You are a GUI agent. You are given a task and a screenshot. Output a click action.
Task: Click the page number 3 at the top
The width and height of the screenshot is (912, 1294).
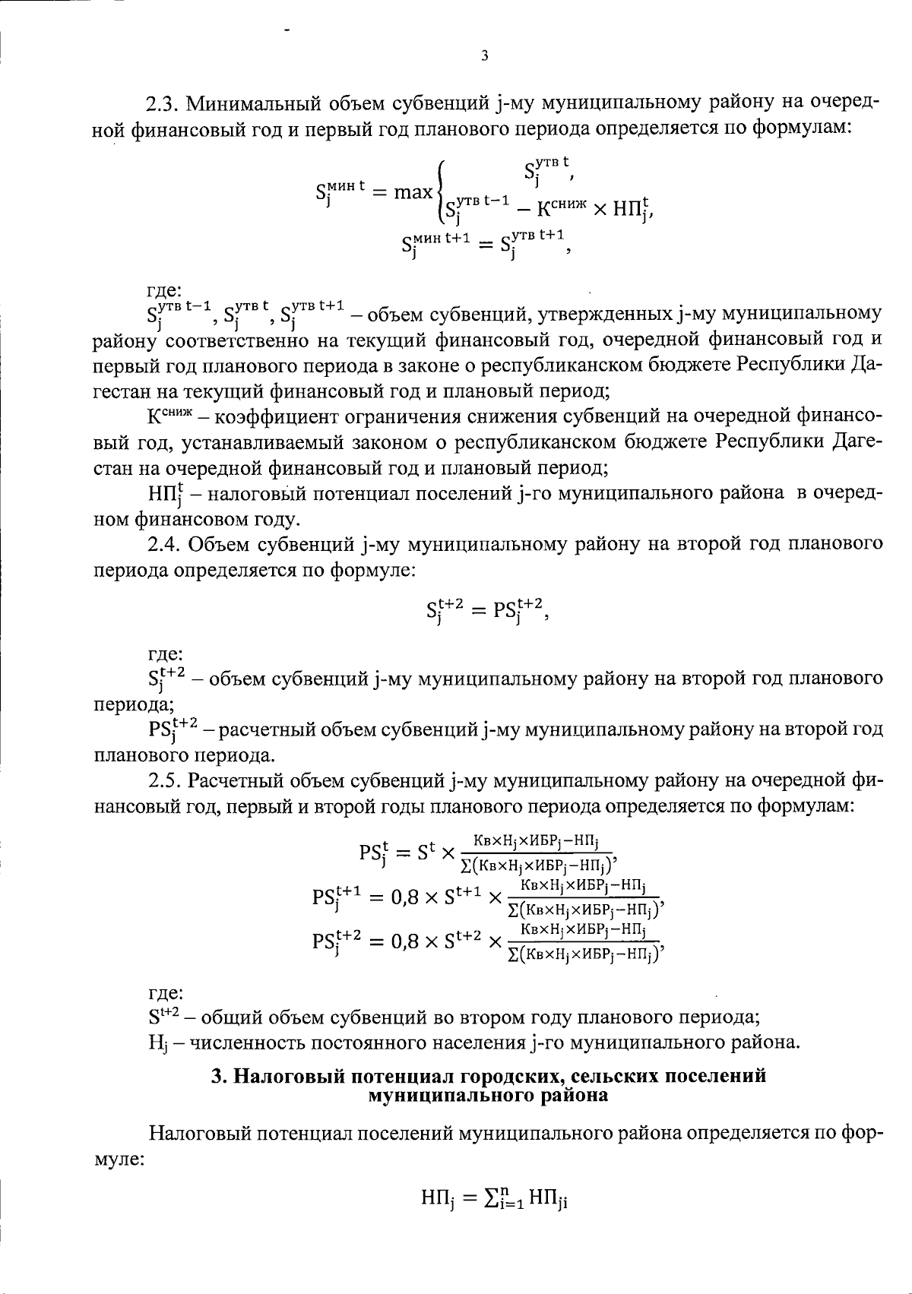(x=484, y=55)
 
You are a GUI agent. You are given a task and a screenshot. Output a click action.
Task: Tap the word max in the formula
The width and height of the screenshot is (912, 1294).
(x=413, y=193)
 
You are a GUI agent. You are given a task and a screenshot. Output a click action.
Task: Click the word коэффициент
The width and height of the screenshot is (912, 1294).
(x=280, y=416)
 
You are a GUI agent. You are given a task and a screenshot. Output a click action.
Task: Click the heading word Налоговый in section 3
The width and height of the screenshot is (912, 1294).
(x=288, y=1076)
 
